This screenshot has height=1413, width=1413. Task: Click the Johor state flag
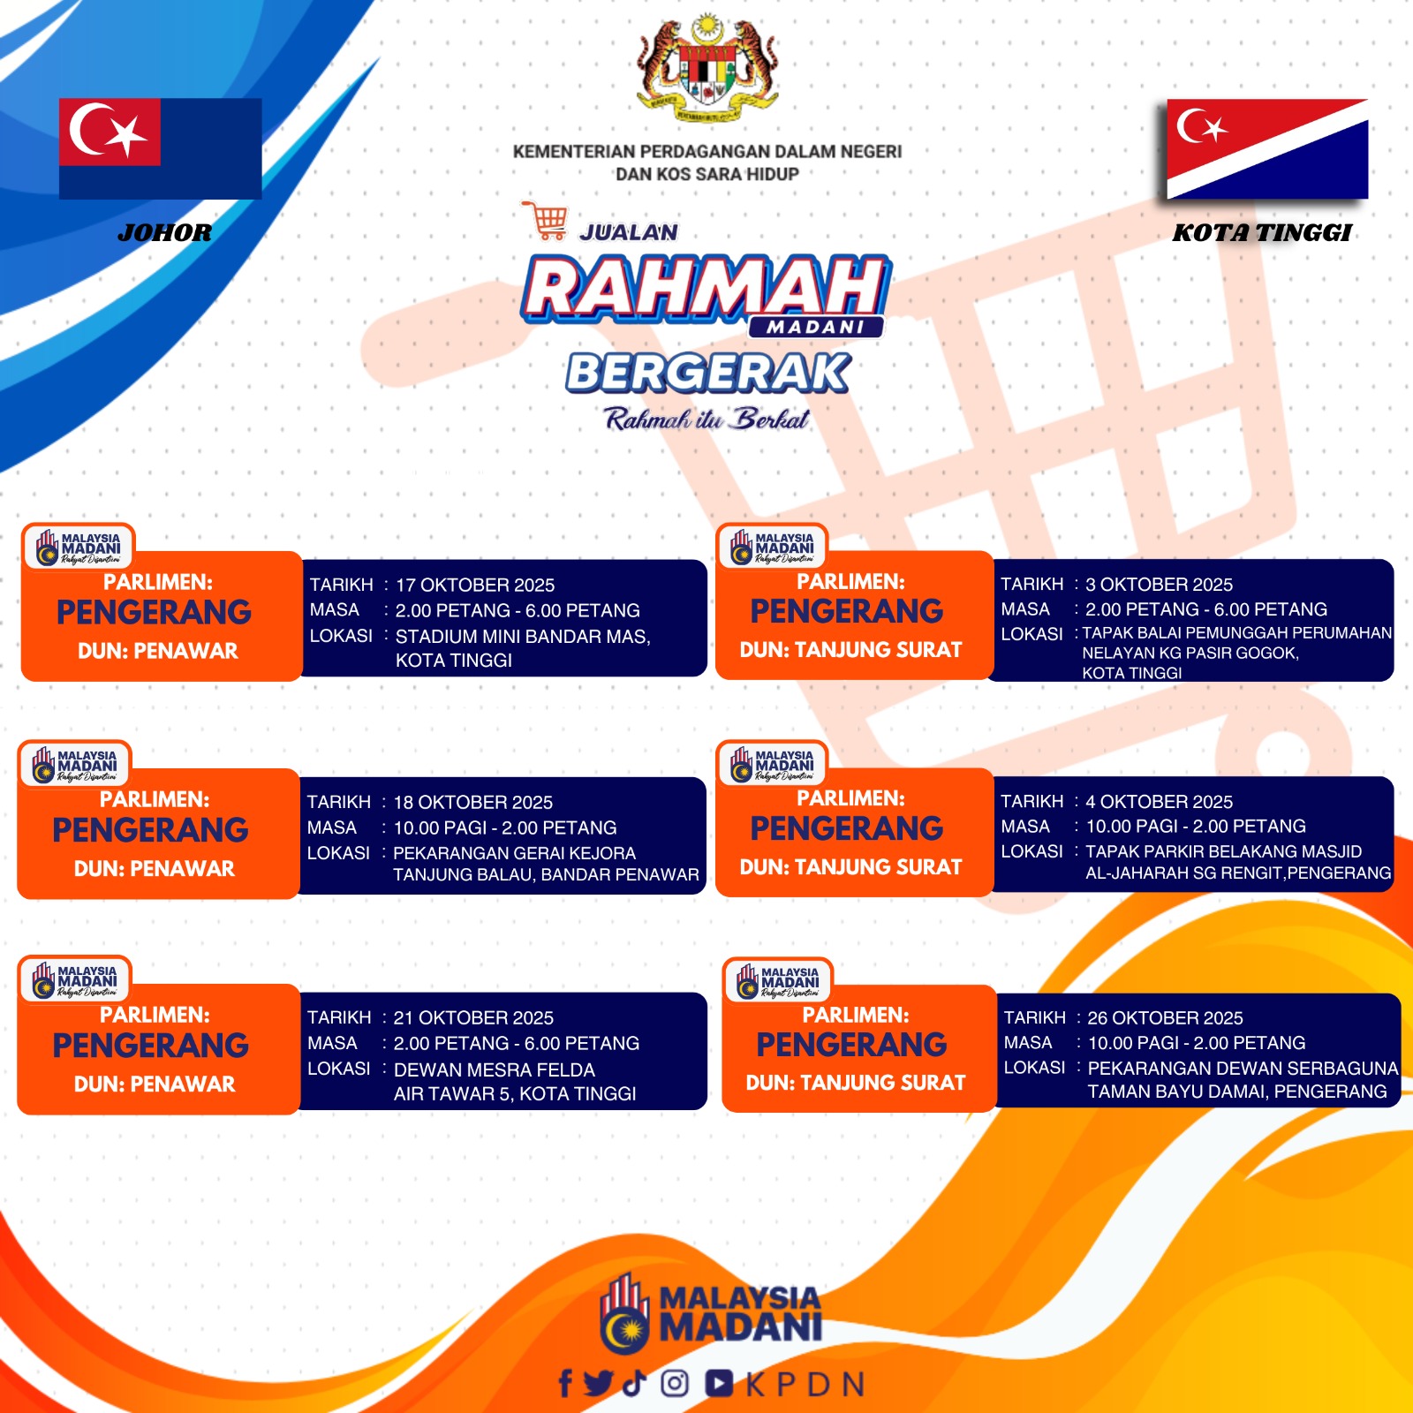click(x=160, y=148)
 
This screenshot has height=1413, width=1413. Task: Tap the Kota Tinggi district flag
click(x=1267, y=148)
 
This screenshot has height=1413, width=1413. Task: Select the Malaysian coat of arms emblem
click(x=707, y=68)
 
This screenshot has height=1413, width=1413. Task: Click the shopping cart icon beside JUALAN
click(x=545, y=220)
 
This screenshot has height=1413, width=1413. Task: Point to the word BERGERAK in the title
click(x=708, y=373)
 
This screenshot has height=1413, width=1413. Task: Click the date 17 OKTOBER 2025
click(x=475, y=585)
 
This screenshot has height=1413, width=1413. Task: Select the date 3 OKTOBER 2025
click(x=1159, y=584)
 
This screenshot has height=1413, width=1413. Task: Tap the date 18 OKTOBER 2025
click(x=472, y=802)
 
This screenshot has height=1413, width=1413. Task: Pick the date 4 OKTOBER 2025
click(x=1159, y=801)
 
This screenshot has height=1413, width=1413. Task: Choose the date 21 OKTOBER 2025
click(x=473, y=1017)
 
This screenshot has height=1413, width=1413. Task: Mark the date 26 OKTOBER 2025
click(x=1165, y=1017)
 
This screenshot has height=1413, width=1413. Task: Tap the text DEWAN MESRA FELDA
click(x=494, y=1069)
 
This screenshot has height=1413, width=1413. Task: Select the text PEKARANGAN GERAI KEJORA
click(x=514, y=853)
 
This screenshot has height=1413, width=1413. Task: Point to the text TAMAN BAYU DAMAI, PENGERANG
click(x=1236, y=1092)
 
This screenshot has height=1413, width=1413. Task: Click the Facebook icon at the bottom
click(x=565, y=1383)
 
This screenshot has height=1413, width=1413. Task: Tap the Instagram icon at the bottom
click(x=676, y=1383)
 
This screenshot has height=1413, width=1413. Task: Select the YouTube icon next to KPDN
click(x=719, y=1383)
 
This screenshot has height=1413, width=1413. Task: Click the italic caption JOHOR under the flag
click(x=164, y=233)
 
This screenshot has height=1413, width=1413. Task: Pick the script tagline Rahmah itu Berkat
click(x=707, y=419)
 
